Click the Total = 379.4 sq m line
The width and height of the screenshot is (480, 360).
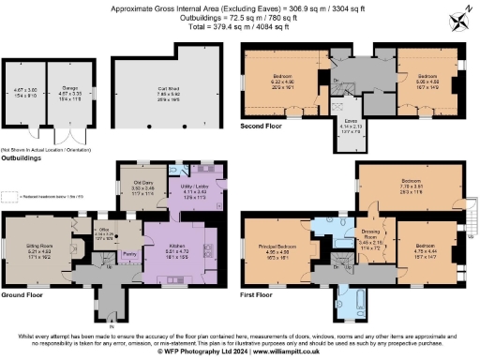click(x=240, y=27)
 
